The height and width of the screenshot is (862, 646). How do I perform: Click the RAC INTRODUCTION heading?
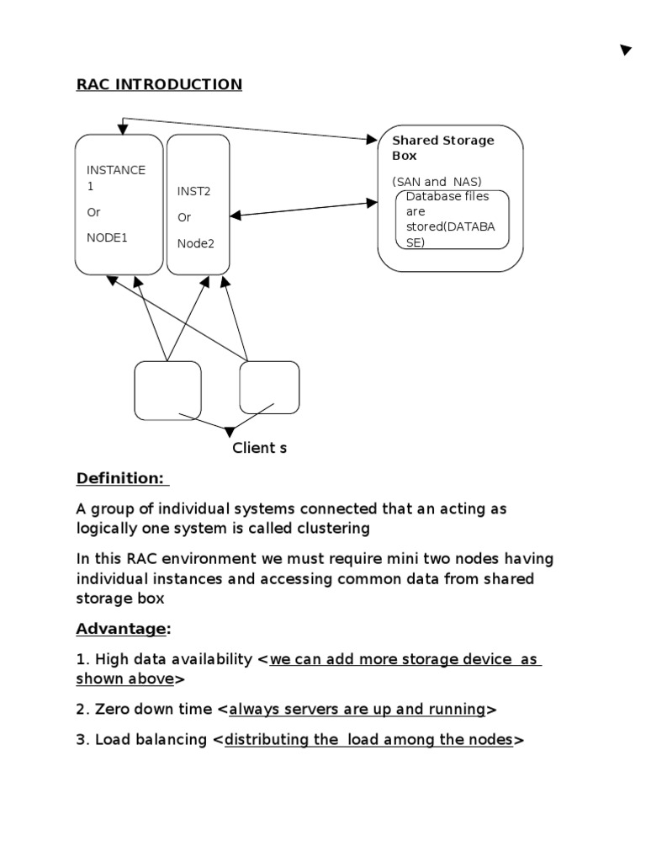pos(159,84)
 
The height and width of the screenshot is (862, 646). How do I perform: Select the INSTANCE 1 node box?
pos(119,205)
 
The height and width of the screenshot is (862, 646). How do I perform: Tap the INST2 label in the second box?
pos(193,191)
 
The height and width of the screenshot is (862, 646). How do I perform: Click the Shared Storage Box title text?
pos(442,147)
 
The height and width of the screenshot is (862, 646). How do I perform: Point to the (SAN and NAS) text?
pos(432,181)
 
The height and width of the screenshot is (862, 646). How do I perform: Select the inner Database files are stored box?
pos(453,220)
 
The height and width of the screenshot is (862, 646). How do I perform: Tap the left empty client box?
pos(167,391)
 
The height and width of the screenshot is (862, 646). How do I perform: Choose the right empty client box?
pos(269,387)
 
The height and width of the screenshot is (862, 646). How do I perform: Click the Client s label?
pos(259,448)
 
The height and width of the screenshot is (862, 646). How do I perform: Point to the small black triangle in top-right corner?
pos(625,51)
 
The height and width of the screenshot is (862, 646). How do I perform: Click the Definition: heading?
pos(122,478)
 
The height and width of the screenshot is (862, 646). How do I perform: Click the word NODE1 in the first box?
pos(107,237)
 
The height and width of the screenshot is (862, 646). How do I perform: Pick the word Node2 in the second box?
pos(195,244)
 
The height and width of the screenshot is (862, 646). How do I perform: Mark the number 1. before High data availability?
pos(82,659)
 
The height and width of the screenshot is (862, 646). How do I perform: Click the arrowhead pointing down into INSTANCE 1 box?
pos(124,129)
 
